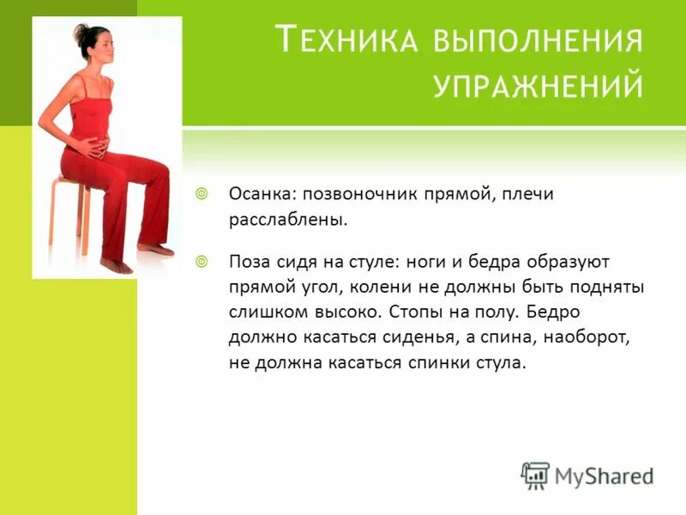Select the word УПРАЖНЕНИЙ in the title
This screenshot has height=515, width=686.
[538, 86]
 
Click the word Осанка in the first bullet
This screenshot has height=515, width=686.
[258, 195]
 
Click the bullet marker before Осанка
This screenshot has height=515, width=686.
[202, 194]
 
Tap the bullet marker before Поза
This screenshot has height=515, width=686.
[202, 259]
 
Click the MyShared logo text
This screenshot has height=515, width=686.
[604, 474]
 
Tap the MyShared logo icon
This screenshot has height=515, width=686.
[535, 474]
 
